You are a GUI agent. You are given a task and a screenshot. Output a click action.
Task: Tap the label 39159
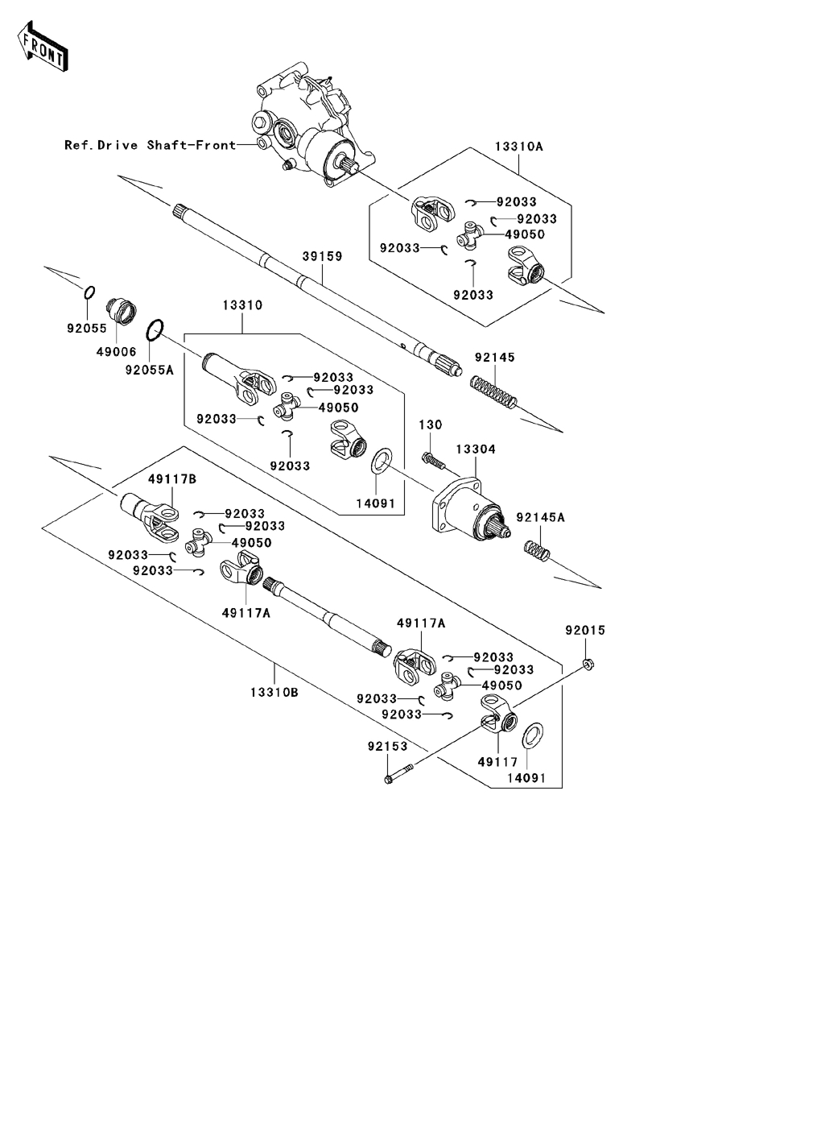[322, 256]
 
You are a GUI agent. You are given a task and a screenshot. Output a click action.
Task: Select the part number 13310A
[518, 147]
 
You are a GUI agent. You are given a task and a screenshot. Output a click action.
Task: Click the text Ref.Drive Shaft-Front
[151, 145]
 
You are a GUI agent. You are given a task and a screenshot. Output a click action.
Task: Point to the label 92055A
[149, 370]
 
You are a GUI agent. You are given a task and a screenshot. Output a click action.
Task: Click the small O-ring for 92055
[90, 292]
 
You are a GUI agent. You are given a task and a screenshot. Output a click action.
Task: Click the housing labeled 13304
[467, 507]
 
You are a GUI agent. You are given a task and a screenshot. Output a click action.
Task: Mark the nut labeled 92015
[588, 664]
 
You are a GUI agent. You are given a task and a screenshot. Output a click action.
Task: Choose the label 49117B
[171, 478]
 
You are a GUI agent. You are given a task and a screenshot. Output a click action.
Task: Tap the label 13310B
[274, 691]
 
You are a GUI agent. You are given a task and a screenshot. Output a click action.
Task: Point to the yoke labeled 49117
[499, 716]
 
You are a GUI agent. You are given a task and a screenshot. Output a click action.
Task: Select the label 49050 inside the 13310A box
[525, 234]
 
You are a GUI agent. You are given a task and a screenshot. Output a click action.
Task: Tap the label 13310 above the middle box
[242, 306]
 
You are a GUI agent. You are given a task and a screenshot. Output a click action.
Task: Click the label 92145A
[540, 517]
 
